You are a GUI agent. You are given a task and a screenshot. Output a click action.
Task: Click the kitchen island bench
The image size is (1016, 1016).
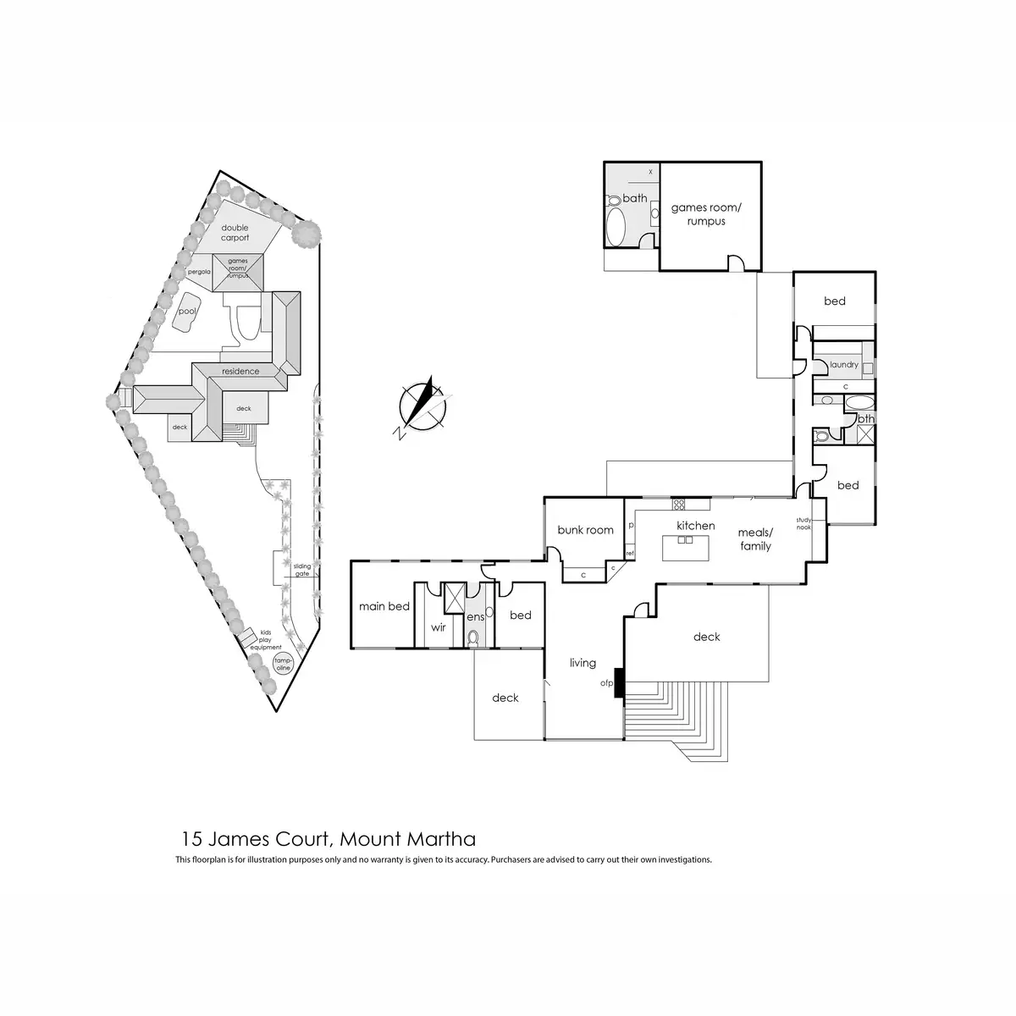tap(686, 547)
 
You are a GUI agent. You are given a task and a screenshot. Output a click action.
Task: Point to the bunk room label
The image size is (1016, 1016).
tap(585, 530)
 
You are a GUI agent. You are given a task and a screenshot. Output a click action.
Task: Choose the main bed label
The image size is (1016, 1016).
tap(384, 606)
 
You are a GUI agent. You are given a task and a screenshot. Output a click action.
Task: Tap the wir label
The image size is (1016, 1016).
tap(438, 627)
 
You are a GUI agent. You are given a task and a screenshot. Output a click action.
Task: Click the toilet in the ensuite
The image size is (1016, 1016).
tap(474, 638)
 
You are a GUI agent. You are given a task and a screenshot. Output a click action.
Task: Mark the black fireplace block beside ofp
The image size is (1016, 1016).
tap(620, 682)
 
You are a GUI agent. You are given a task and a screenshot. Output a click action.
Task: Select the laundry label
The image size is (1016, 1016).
tap(843, 365)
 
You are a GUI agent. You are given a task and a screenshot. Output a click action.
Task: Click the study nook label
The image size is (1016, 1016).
tap(803, 523)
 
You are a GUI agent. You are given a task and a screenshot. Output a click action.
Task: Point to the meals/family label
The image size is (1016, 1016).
tap(755, 539)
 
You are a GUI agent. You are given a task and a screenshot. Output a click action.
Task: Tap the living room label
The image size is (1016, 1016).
tap(583, 663)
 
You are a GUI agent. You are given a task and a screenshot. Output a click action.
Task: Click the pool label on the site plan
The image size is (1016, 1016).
tap(186, 312)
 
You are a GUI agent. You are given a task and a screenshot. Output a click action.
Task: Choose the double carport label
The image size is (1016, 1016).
tap(235, 233)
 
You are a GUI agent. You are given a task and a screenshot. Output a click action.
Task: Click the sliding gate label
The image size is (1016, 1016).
tap(302, 570)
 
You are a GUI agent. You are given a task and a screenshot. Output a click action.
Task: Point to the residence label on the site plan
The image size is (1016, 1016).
tap(240, 372)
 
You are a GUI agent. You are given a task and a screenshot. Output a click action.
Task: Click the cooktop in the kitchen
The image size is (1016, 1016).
tap(679, 505)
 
